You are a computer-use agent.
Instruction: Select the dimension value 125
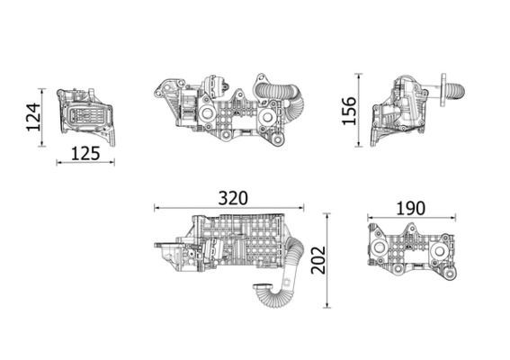click(x=85, y=152)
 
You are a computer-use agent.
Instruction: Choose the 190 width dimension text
click(x=409, y=207)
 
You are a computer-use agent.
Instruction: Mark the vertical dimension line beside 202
click(x=327, y=261)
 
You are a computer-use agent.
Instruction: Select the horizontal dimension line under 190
click(x=411, y=219)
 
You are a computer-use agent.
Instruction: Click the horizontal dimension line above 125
click(x=85, y=163)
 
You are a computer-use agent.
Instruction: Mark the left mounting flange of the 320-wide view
click(x=169, y=252)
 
